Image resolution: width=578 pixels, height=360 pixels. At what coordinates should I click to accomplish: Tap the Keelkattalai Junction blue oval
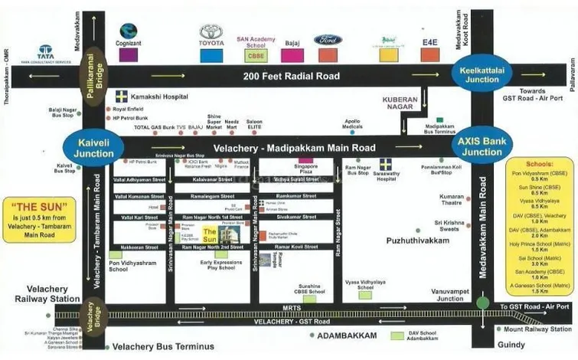point(479,75)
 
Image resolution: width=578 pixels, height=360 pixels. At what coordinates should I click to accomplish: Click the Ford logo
point(328,40)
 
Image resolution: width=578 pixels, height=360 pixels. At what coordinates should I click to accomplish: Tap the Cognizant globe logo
point(129,32)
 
